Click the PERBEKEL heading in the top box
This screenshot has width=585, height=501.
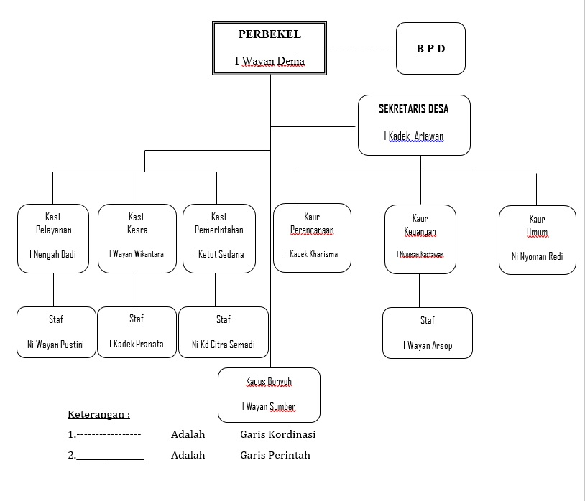click(270, 34)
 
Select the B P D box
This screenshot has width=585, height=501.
click(430, 49)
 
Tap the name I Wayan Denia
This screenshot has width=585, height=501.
click(270, 61)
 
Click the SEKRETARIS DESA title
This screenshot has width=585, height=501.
click(413, 109)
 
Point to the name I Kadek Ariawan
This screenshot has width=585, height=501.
click(414, 136)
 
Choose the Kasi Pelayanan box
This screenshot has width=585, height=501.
click(53, 238)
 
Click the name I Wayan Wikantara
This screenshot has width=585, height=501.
click(137, 254)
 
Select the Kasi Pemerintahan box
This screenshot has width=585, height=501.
click(219, 238)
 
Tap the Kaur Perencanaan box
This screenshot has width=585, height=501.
click(312, 238)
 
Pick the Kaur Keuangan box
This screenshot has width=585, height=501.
click(420, 239)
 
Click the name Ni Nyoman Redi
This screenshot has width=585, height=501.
click(538, 256)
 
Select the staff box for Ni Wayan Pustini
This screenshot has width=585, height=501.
click(56, 332)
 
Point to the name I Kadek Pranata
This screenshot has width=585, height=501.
click(137, 344)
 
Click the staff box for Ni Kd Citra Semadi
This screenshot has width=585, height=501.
click(224, 332)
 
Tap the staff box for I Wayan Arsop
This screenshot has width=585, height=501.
click(428, 332)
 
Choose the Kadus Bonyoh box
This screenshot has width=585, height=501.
click(269, 394)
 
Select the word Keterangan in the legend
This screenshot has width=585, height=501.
click(98, 414)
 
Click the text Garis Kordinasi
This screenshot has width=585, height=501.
click(278, 434)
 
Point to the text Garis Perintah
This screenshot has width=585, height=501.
click(275, 455)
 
